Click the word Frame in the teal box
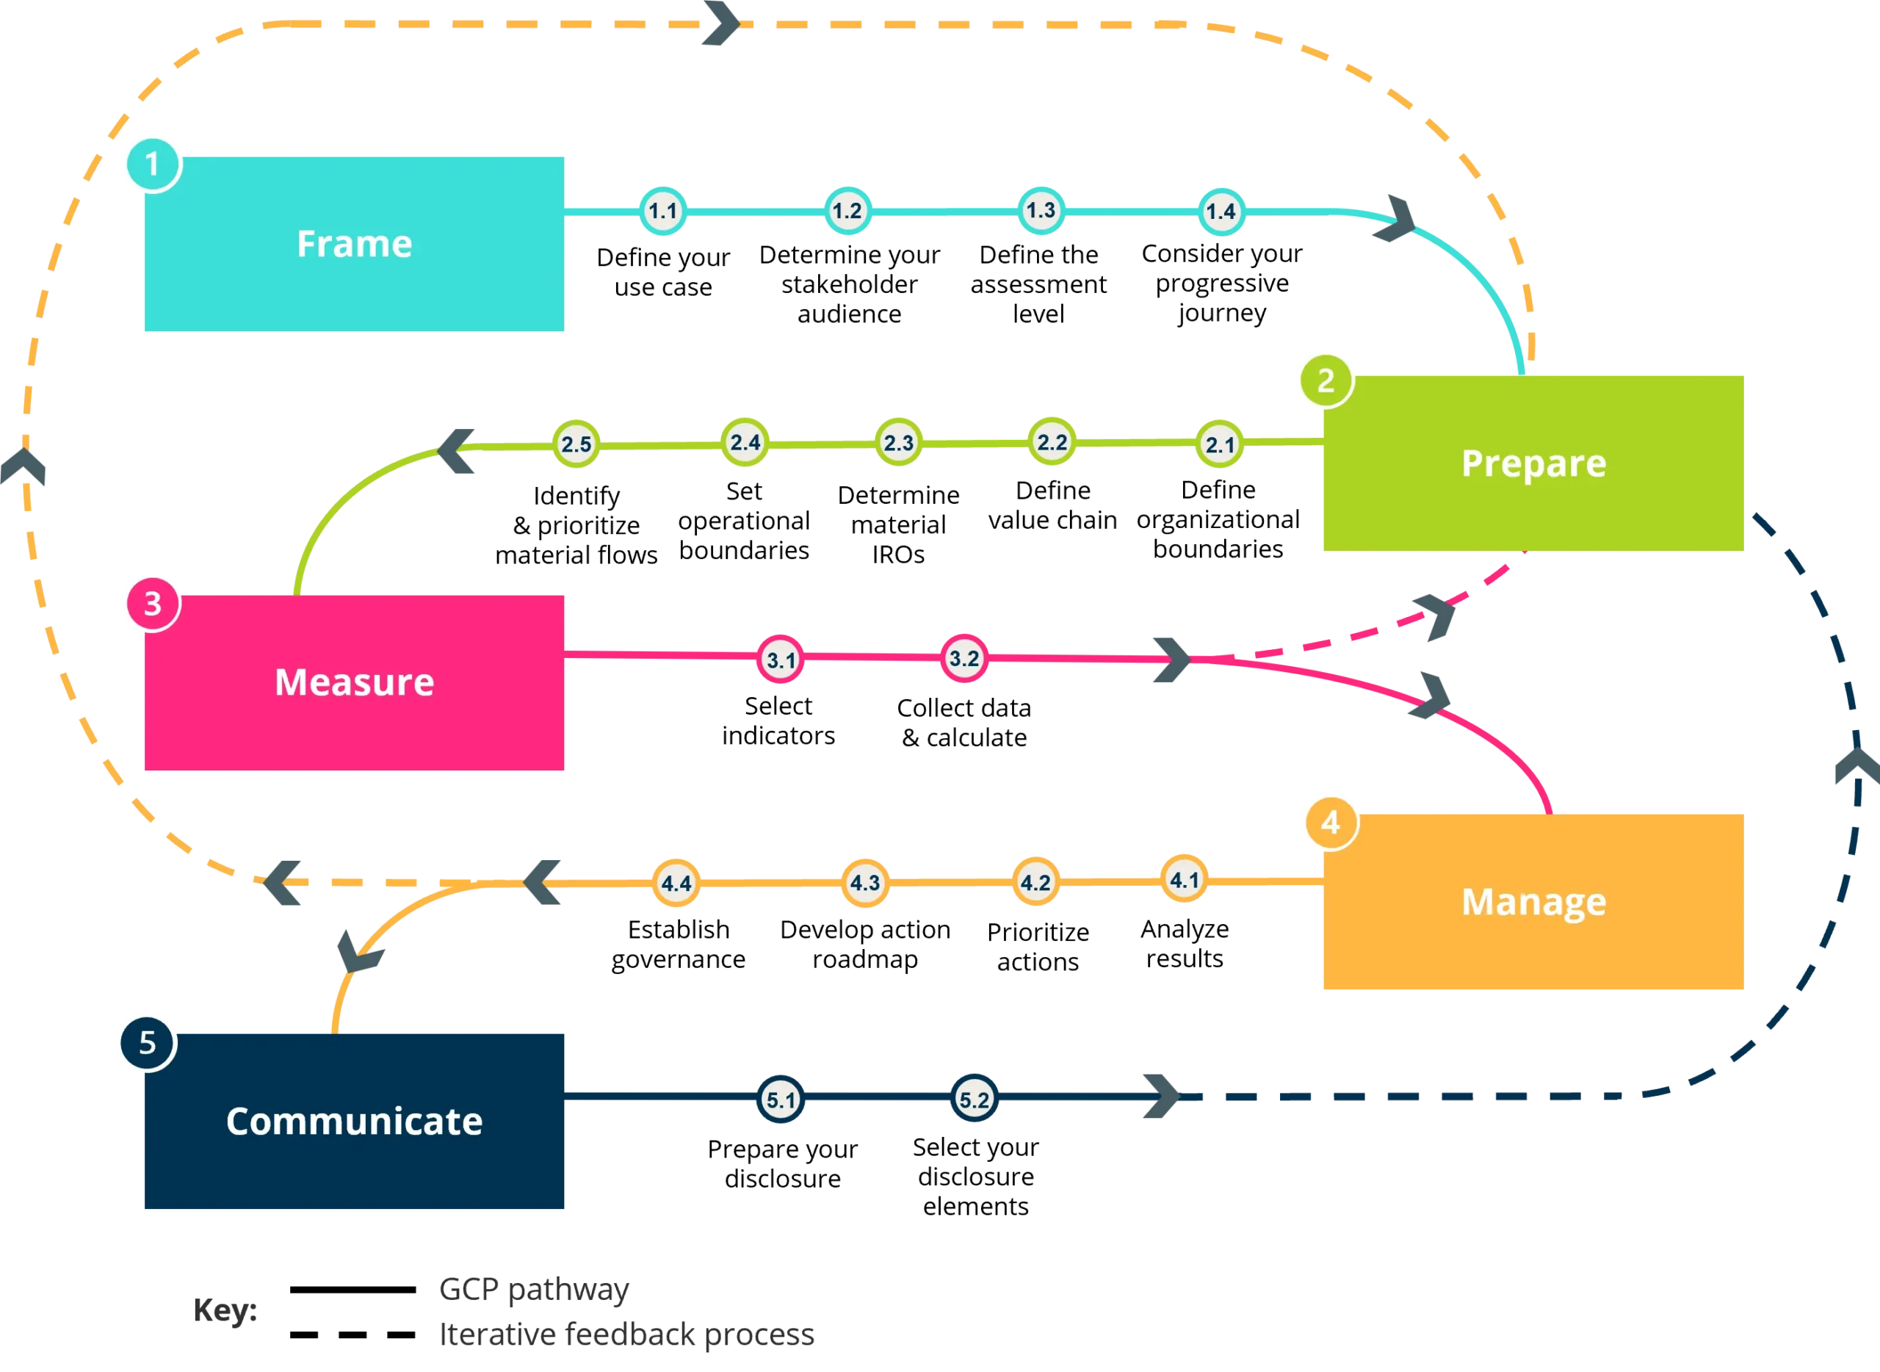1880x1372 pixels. [x=355, y=243]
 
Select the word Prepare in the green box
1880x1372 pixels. [x=1533, y=463]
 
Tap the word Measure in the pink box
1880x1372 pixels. [x=354, y=682]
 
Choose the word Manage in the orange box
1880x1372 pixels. [x=1533, y=901]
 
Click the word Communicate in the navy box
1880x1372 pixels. [x=354, y=1120]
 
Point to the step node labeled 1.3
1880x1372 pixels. [x=1041, y=211]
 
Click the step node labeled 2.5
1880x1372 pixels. [x=576, y=444]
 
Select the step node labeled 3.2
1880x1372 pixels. [x=963, y=659]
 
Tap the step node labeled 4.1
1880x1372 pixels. [x=1183, y=878]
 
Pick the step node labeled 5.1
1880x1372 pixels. [x=781, y=1100]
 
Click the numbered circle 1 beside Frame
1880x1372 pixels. [x=151, y=164]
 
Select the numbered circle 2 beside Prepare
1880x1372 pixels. [x=1326, y=380]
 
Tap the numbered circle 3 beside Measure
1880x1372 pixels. [x=151, y=603]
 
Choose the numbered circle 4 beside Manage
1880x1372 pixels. [x=1329, y=822]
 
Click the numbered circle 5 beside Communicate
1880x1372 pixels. [x=147, y=1042]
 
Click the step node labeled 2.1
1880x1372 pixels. [x=1220, y=444]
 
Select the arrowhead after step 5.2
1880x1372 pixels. [x=1160, y=1097]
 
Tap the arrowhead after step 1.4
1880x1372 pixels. [x=1395, y=221]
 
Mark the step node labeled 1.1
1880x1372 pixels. [x=662, y=211]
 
